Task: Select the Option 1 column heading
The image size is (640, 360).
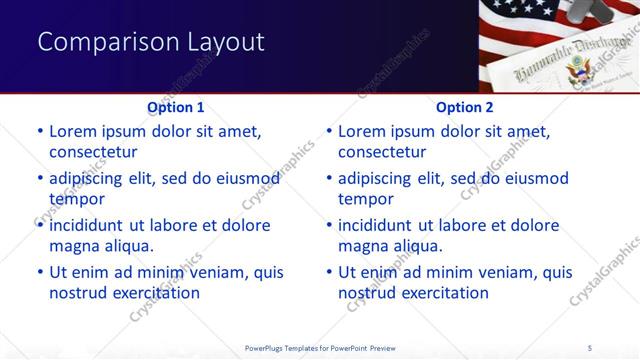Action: (x=176, y=107)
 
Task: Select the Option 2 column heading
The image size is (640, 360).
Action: (x=465, y=107)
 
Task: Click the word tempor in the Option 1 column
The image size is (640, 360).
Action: (x=76, y=199)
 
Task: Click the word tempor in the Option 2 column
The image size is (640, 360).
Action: (x=366, y=199)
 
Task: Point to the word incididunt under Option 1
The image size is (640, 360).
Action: (x=92, y=225)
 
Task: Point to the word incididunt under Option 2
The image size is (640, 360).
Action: (x=381, y=225)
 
